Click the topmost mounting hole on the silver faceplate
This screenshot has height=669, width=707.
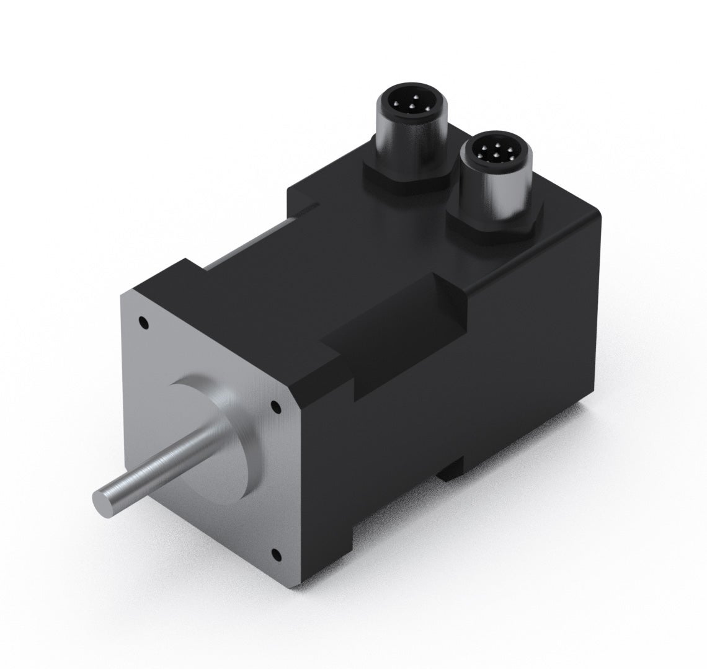[x=144, y=322]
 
